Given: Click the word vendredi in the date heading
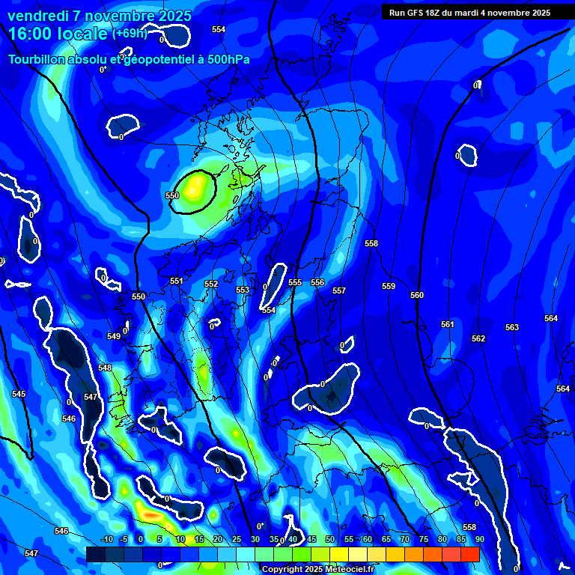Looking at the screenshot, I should point(40,16).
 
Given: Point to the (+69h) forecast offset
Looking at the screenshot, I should point(129,33).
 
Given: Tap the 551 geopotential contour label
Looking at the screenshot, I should point(176,282).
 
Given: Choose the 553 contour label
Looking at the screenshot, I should point(243,290).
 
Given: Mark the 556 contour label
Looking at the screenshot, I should point(317,282).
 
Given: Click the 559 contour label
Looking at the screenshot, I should point(388,287).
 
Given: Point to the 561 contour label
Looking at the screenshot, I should point(447,324).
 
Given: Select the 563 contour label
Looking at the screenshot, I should point(512,327).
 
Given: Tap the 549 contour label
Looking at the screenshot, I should point(114,336).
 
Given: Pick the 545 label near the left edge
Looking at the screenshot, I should point(19,394).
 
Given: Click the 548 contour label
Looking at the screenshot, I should point(105,368).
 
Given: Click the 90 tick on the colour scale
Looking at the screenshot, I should point(478,539).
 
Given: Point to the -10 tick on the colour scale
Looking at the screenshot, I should point(106,539).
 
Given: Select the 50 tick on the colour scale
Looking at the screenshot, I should point(330,539).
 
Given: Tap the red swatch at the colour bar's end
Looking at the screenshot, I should point(470,554).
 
